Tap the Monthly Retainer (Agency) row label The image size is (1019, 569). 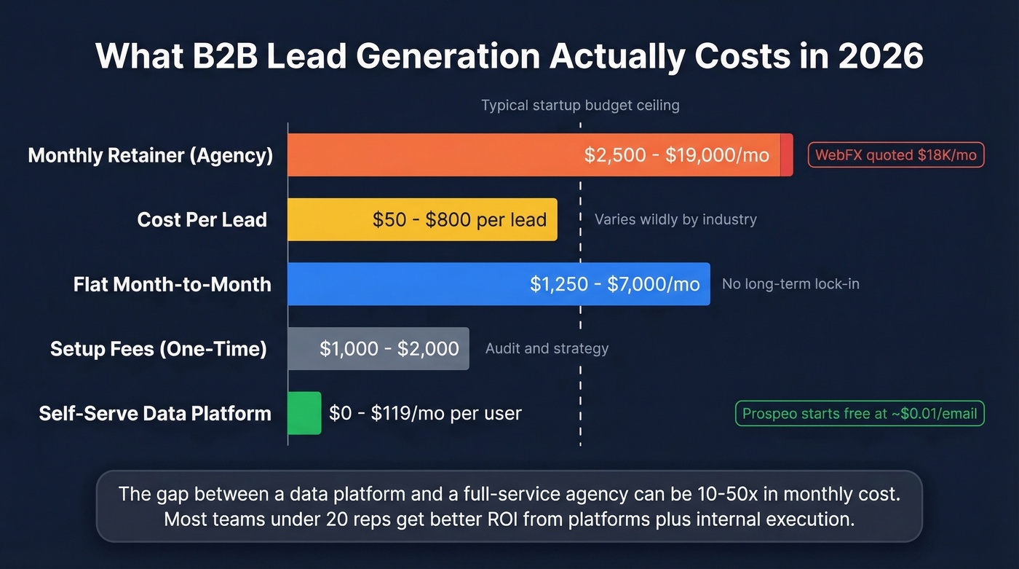[151, 155]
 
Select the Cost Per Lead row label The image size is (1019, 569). [202, 219]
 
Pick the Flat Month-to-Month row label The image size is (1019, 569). [173, 283]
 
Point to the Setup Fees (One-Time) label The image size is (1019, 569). [159, 348]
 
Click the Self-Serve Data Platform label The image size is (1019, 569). [155, 413]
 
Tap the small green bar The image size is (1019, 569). [304, 413]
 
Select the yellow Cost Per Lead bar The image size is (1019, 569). [422, 219]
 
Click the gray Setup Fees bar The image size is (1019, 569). [378, 348]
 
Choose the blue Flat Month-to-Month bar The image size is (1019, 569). [499, 283]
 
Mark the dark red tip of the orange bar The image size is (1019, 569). [787, 155]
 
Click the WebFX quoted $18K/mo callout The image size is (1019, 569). [896, 155]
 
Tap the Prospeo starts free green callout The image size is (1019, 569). [860, 414]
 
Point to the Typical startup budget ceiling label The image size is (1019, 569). [580, 106]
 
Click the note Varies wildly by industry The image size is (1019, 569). [675, 219]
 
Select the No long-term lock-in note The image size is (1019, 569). [790, 283]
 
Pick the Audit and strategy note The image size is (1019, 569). [547, 348]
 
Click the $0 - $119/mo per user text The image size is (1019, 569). [425, 413]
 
